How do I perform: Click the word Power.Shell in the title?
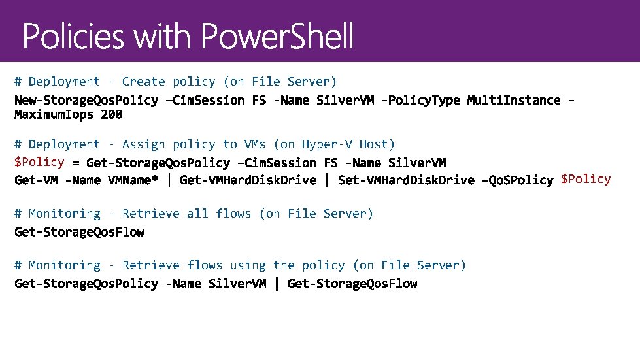click(x=278, y=37)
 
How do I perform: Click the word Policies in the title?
click(x=73, y=37)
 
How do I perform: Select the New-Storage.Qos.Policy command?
click(x=86, y=100)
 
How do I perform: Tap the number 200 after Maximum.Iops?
click(x=112, y=115)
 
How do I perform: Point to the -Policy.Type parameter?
click(x=421, y=100)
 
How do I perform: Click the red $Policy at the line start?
click(x=39, y=162)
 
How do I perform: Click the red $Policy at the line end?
click(x=586, y=179)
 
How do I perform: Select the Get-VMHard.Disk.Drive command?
click(x=248, y=180)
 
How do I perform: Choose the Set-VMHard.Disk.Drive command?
click(x=406, y=180)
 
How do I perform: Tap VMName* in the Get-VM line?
click(x=133, y=180)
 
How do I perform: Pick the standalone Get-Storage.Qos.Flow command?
click(x=79, y=232)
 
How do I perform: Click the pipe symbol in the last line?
click(x=277, y=284)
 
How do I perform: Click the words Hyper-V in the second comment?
click(x=323, y=144)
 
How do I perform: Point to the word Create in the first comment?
click(x=144, y=82)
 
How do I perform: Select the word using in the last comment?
click(x=248, y=265)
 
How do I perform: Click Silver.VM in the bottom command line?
click(x=237, y=284)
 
